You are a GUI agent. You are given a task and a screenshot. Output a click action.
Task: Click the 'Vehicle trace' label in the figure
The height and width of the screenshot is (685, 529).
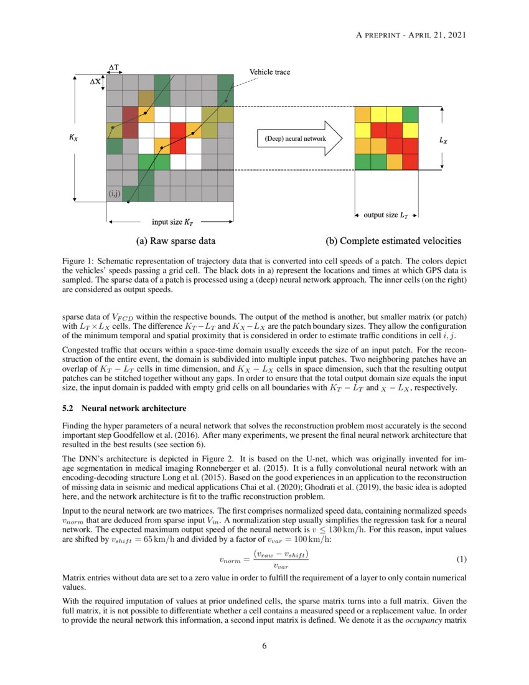274,72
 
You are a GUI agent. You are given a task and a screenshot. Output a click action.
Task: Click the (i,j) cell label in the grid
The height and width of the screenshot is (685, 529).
114,194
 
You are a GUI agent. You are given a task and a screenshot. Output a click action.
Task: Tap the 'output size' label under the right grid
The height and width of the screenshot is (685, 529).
386,215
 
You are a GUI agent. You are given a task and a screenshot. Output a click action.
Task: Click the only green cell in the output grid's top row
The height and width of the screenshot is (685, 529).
410,115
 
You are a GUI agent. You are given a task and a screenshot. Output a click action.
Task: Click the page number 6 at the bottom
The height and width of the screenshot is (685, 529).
264,646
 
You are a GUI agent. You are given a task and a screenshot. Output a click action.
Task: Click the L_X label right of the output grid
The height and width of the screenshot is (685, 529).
442,141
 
